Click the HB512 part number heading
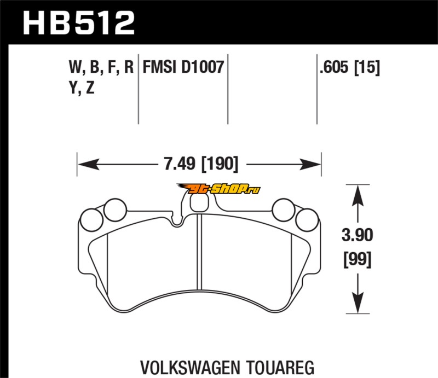79,23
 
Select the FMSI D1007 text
183,67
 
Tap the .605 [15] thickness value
350,67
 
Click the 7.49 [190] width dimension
201,164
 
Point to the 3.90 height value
358,235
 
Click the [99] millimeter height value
358,259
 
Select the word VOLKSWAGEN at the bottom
190,368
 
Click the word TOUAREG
280,368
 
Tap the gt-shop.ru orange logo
218,189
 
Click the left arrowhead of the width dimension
89,164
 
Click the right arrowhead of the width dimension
310,164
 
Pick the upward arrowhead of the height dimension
358,196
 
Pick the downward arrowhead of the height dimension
358,303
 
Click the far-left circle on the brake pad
91,220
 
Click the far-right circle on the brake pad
307,220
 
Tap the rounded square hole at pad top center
199,202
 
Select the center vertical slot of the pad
199,252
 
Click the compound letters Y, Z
82,88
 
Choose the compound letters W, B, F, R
101,67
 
